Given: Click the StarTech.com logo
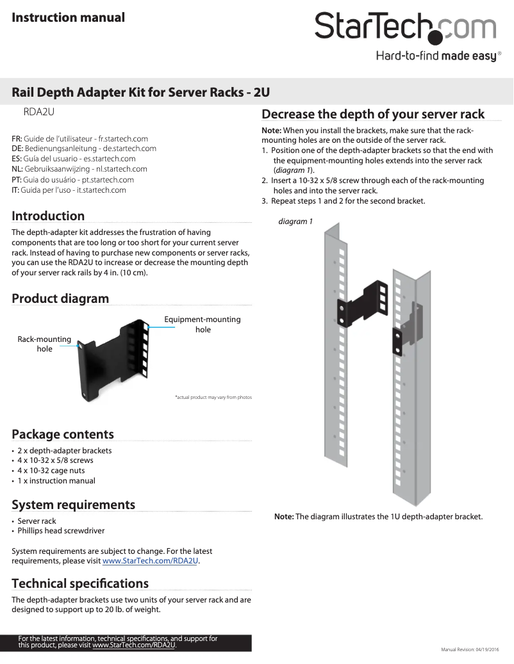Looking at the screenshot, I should pos(405,28).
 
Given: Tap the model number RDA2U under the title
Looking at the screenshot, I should pos(38,112).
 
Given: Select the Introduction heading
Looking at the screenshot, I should pos(48,216).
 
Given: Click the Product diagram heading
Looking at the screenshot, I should pos(60,298).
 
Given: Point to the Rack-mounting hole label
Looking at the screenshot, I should pos(44,344).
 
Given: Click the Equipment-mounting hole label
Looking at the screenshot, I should pos(203,324).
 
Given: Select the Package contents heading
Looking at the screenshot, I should pos(63,434).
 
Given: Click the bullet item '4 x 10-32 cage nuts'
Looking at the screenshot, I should pos(51,471).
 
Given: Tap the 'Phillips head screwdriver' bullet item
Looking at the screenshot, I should pos(61,531).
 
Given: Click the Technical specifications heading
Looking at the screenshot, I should pos(80,583).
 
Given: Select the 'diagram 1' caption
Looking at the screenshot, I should pos(295,222).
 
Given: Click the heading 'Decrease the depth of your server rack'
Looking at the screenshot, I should pos(373,114).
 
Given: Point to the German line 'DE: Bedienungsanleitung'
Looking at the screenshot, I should pos(84,149).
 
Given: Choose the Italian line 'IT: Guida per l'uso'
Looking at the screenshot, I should pos(69,190).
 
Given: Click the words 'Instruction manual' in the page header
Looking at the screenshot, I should pos(68,17).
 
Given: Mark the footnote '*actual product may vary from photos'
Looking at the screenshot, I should pos(213,398).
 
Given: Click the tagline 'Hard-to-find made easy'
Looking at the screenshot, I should pos(436,56).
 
